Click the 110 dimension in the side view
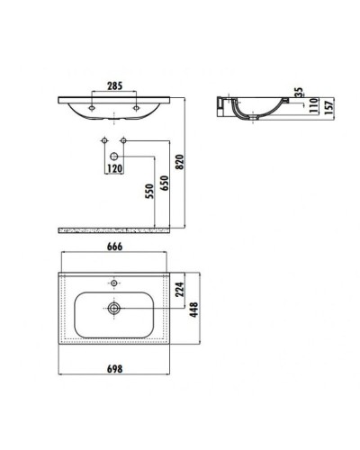pos(298,109)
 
